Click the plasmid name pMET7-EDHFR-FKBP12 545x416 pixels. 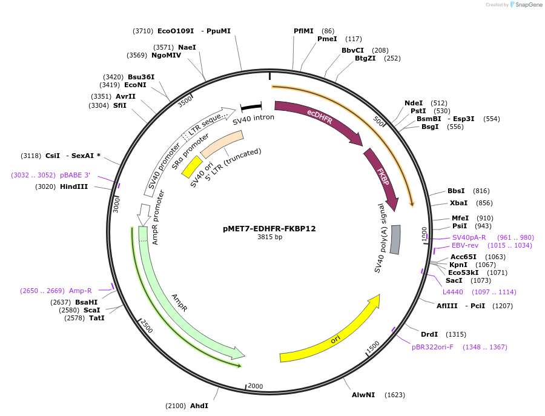[x=269, y=229]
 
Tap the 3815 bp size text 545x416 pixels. [x=269, y=237]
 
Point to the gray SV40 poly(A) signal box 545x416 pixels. [x=395, y=239]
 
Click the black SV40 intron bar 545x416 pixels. [x=251, y=107]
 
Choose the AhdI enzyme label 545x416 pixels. [x=199, y=406]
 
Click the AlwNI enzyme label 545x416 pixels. [x=363, y=395]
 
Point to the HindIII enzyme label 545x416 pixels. [x=74, y=187]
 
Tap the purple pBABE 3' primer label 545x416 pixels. [x=75, y=175]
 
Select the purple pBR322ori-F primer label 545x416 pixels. [x=432, y=347]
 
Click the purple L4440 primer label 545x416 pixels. [x=452, y=292]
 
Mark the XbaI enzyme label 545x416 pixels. [x=458, y=203]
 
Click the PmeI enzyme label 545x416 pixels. [x=327, y=39]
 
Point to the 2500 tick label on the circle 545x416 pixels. [x=146, y=326]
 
